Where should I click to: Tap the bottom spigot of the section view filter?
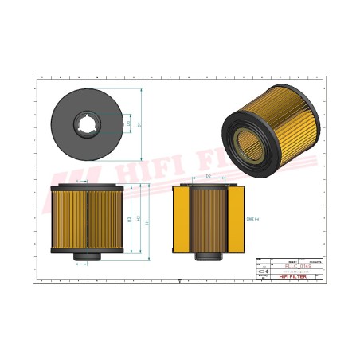coord(207,256)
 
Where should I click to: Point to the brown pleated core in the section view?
coord(207,217)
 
